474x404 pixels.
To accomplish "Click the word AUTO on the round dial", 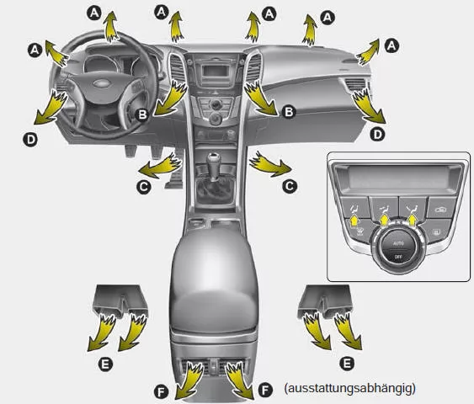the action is [x=398, y=243].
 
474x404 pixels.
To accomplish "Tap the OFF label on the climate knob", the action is [x=398, y=257].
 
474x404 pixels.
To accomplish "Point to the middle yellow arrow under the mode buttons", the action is [x=384, y=220].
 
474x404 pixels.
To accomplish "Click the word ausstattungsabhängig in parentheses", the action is [x=349, y=388].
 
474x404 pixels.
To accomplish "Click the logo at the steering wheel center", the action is [x=103, y=83].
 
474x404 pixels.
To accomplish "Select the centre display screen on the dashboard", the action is [x=214, y=72].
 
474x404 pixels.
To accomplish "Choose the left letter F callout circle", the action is [x=161, y=392].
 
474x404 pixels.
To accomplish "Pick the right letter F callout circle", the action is [x=265, y=391].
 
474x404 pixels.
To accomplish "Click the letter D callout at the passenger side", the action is [x=377, y=134].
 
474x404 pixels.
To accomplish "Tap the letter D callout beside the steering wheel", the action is [x=30, y=140].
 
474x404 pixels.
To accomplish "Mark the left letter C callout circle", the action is [x=144, y=187].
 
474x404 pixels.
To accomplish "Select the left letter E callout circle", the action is [x=105, y=364].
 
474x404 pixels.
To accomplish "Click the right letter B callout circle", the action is [x=289, y=112].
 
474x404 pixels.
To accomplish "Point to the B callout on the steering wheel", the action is [x=142, y=114].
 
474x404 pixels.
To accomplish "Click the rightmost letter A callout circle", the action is [x=391, y=46].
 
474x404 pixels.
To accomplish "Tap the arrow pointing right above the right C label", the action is [x=269, y=165].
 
